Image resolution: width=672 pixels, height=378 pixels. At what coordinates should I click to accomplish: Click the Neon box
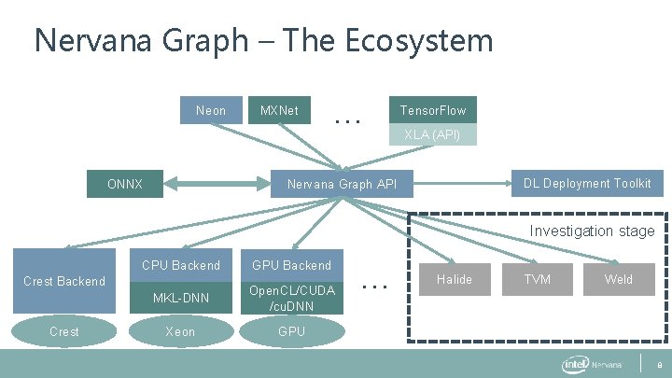[x=211, y=111]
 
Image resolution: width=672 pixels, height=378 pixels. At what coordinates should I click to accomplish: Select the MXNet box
[x=279, y=111]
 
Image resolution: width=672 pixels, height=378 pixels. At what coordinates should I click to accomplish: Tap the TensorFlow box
[x=432, y=111]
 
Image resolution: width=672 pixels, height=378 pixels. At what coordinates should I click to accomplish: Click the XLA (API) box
[x=432, y=135]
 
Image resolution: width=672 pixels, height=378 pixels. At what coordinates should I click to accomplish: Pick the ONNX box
[x=125, y=184]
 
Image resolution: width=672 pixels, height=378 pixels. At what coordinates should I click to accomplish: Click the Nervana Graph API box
[x=343, y=184]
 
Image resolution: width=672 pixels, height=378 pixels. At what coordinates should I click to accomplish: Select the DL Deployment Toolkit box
[x=587, y=183]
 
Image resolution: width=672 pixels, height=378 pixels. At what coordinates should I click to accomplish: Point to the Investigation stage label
[x=592, y=231]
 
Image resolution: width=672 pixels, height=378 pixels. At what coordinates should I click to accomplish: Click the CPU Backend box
[x=181, y=265]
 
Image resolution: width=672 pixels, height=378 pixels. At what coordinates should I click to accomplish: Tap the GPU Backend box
[x=292, y=265]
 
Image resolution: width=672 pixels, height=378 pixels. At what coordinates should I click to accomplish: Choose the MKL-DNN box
[x=181, y=298]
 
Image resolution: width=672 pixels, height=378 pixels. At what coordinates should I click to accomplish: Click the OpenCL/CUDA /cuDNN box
[x=292, y=298]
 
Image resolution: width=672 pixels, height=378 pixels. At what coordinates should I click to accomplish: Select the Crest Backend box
[x=64, y=281]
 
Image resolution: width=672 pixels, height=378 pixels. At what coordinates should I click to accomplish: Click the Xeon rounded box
[x=181, y=331]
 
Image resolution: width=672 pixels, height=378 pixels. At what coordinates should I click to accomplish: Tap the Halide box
[x=455, y=279]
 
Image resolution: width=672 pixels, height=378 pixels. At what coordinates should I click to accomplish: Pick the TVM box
[x=537, y=279]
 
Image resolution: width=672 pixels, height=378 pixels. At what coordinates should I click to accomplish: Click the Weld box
[x=618, y=279]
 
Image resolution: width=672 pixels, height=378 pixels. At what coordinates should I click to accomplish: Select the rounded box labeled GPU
[x=292, y=331]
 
